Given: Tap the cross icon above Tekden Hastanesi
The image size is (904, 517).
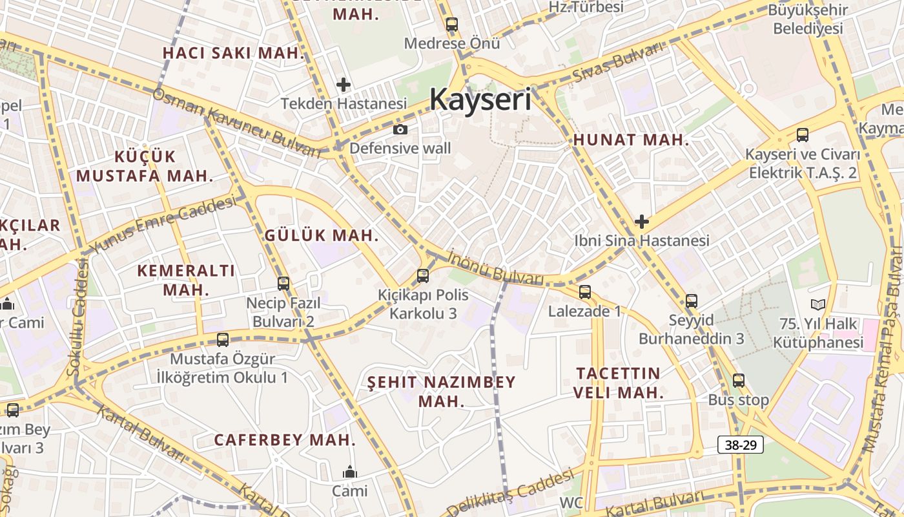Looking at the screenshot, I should click(x=344, y=85).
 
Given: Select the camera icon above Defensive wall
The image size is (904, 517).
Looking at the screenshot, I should click(x=400, y=129).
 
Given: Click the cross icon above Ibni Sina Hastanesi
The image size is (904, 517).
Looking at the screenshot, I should click(x=641, y=222).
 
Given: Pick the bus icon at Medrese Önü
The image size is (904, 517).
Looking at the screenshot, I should click(x=451, y=25).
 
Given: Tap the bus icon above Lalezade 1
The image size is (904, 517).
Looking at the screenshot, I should click(x=585, y=292).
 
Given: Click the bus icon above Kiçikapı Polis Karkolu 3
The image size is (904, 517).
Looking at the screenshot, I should click(x=423, y=276).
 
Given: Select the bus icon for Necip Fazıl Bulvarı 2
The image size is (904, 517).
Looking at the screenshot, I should click(x=283, y=283).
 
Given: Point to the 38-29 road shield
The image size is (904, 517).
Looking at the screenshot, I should click(x=741, y=445).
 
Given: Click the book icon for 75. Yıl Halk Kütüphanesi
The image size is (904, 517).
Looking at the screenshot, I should click(x=818, y=304).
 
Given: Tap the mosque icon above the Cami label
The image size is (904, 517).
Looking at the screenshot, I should click(x=350, y=472).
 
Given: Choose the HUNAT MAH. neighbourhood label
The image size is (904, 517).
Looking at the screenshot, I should click(x=631, y=140).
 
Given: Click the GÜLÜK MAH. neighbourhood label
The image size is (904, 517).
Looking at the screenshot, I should click(x=321, y=235).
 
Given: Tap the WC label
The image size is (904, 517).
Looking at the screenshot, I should click(x=571, y=502).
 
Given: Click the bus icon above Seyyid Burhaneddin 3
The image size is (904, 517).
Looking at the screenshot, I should click(x=692, y=301).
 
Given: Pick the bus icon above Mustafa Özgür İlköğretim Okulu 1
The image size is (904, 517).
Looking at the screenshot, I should click(x=223, y=340).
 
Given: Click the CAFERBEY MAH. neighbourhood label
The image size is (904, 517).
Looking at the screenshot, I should click(x=285, y=440).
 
